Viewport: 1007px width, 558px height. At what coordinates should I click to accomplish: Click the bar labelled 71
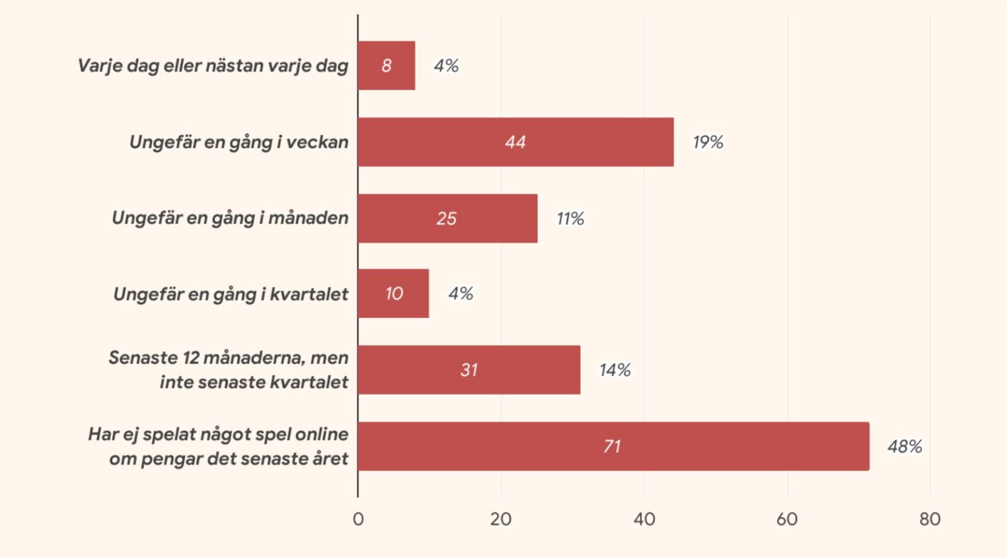click(x=613, y=446)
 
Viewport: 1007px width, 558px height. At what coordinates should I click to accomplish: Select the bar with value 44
click(x=515, y=142)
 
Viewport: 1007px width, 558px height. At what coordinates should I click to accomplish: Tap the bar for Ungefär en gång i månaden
click(x=447, y=218)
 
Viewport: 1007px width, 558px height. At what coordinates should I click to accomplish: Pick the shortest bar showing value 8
click(x=386, y=66)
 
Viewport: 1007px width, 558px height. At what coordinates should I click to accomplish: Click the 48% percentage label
click(x=904, y=446)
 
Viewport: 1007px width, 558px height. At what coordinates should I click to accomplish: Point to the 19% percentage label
click(x=707, y=142)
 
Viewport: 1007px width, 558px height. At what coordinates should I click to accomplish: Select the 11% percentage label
click(x=570, y=218)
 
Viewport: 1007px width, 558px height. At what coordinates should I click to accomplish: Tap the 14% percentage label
click(x=615, y=370)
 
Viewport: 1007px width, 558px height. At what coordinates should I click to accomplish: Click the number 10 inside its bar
click(x=394, y=294)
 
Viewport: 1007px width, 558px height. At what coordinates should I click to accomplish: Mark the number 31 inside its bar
click(x=469, y=370)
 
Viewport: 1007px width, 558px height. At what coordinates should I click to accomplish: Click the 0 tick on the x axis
click(x=358, y=519)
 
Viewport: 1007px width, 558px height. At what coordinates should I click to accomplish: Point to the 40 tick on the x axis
click(x=644, y=519)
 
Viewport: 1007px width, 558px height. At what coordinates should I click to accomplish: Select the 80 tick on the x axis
click(x=929, y=519)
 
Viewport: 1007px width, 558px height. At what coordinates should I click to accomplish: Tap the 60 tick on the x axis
click(x=787, y=519)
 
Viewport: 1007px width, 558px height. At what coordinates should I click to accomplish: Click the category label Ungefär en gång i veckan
click(x=238, y=142)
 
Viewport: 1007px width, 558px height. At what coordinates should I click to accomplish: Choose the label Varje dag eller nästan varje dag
click(x=212, y=66)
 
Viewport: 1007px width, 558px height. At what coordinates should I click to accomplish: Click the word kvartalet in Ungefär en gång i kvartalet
click(x=309, y=294)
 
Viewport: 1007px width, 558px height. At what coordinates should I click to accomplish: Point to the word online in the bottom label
click(x=322, y=434)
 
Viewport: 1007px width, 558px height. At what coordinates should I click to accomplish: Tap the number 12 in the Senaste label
click(x=191, y=357)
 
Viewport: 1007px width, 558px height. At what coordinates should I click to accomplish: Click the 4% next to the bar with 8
click(x=446, y=66)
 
